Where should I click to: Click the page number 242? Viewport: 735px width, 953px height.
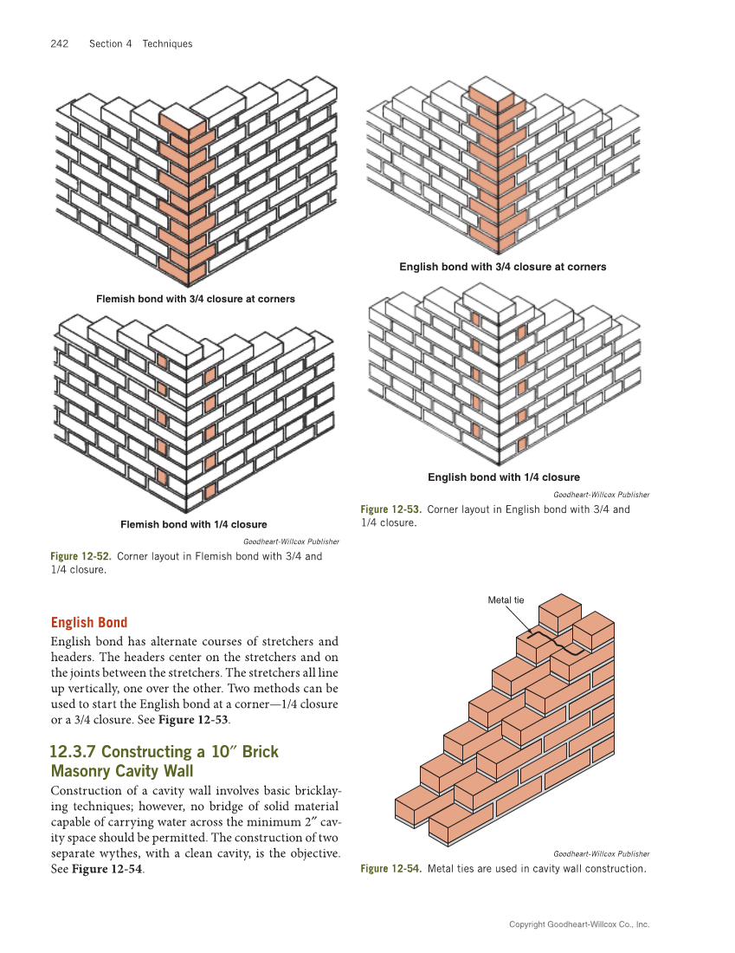60,44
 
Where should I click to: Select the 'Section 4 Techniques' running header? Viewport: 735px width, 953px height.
140,44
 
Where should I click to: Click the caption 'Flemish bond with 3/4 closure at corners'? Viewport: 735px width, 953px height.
195,299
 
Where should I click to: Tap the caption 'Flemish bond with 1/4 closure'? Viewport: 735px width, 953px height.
193,524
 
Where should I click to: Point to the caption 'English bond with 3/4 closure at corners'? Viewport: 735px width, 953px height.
502,267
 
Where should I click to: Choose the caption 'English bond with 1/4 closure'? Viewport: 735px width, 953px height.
503,477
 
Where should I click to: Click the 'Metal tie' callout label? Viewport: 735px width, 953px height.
506,600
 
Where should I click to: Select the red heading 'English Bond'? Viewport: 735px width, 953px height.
89,622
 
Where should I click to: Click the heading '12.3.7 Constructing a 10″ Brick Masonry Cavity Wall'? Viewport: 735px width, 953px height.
164,761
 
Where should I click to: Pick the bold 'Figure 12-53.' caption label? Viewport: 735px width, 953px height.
391,509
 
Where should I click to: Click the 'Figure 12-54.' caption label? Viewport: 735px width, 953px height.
391,869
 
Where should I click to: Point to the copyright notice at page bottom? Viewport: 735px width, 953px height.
578,924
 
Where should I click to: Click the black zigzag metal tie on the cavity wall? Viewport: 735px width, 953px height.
558,645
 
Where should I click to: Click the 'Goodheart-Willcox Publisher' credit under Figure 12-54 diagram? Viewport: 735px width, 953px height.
601,853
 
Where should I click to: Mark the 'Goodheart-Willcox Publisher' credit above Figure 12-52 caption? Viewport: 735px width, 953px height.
291,541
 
